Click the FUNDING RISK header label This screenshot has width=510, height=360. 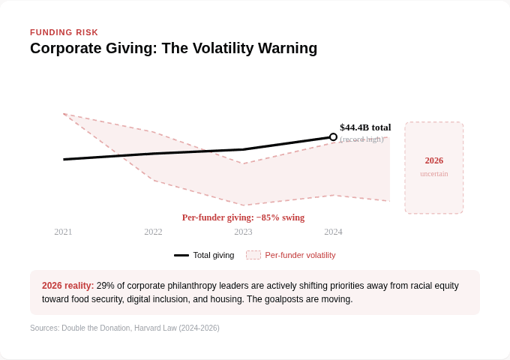(64, 32)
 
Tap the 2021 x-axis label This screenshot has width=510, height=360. (63, 232)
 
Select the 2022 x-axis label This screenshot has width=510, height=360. (153, 232)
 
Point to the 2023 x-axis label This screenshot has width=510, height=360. (243, 232)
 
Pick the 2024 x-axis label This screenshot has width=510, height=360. (333, 232)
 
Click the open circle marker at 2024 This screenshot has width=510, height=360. (333, 137)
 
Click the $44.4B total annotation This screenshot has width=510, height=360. (365, 127)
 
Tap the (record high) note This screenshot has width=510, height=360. (361, 139)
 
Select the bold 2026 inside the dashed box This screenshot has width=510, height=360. (434, 160)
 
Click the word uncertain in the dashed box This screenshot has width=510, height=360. (434, 173)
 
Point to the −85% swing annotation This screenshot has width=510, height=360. (280, 217)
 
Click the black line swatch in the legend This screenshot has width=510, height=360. (181, 255)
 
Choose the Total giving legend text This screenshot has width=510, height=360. (214, 255)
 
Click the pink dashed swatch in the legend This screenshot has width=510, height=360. (253, 255)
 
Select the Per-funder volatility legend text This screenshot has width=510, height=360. (300, 255)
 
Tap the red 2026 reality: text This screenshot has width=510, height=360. (68, 286)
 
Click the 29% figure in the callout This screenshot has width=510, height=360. (105, 286)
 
